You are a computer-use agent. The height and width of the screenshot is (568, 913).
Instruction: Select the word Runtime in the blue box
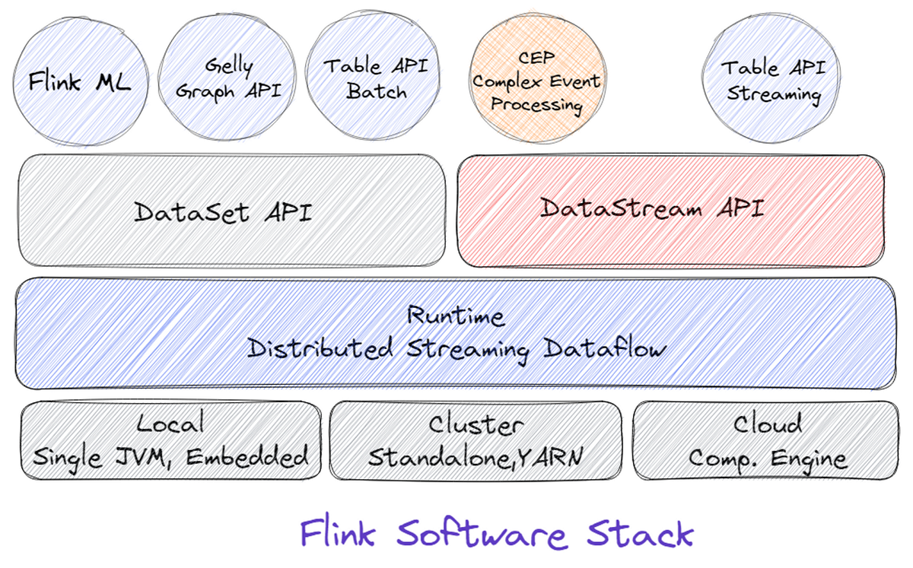[456, 315]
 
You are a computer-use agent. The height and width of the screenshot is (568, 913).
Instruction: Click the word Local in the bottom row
[170, 424]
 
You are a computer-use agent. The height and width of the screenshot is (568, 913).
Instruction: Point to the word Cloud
[767, 424]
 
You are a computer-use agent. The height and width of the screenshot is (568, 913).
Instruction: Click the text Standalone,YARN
[476, 457]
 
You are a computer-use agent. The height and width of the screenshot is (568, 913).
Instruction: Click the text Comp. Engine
[767, 459]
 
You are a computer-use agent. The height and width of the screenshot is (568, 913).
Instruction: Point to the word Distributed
[320, 349]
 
